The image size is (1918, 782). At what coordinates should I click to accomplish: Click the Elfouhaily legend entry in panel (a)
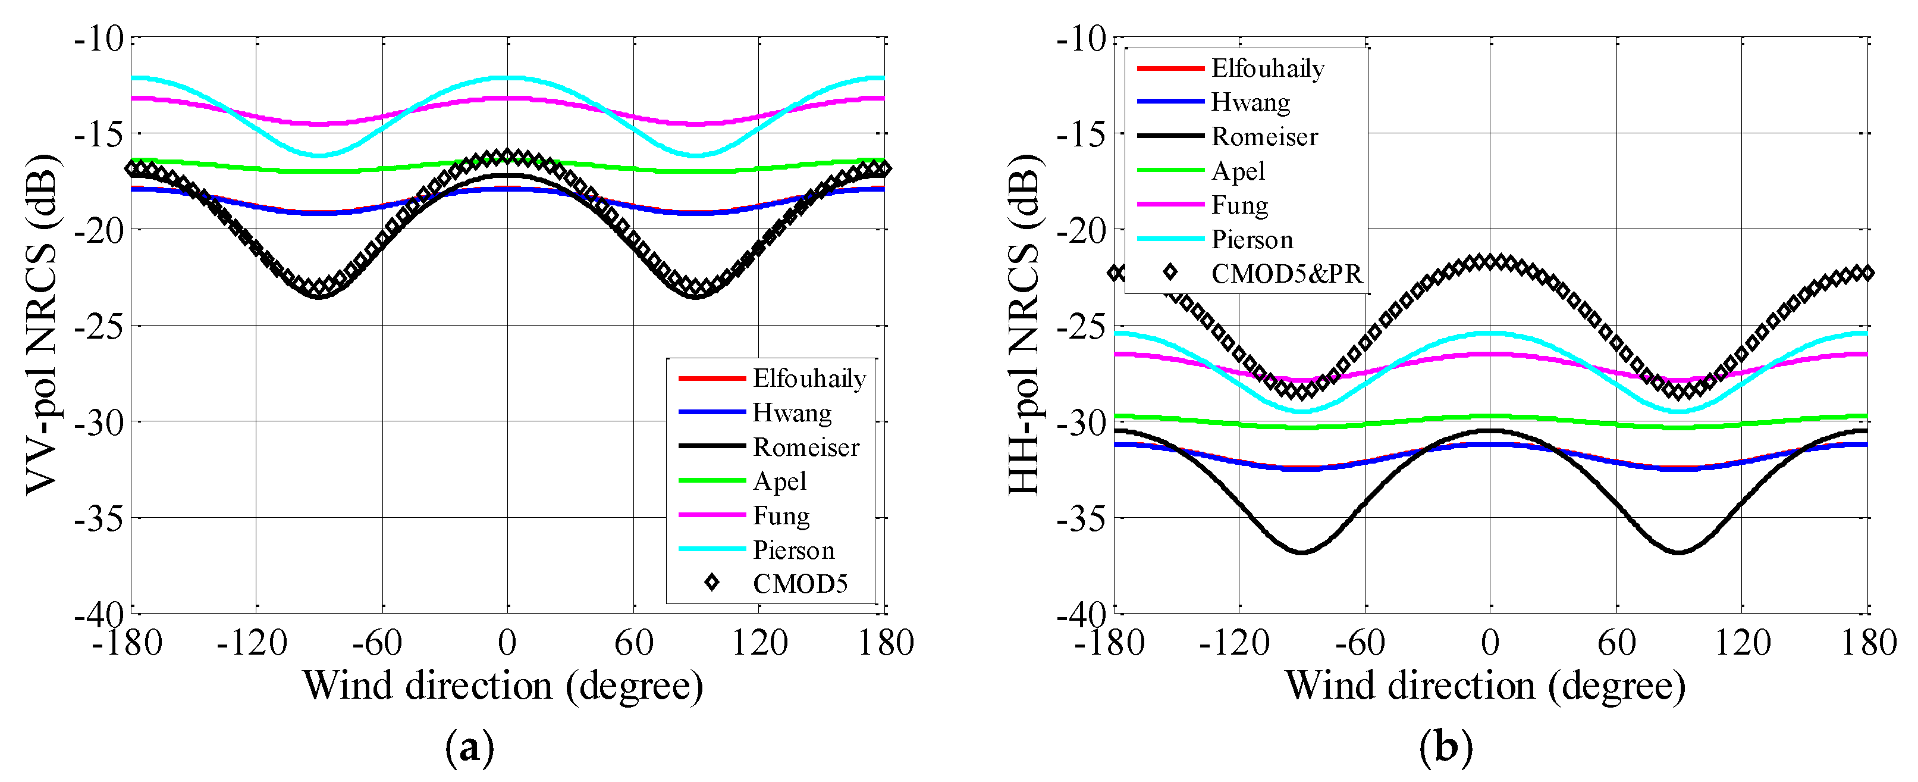[x=809, y=379]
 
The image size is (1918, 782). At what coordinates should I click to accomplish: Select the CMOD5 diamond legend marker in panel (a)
[x=712, y=583]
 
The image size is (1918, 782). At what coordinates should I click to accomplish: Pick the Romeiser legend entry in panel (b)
[x=1264, y=136]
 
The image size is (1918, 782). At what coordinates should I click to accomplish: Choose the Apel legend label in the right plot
[x=1238, y=171]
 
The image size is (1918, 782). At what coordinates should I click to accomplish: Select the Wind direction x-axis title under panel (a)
[x=503, y=684]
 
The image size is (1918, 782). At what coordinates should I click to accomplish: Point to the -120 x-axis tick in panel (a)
[x=252, y=642]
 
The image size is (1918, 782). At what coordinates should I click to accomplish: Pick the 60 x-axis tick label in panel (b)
[x=1616, y=642]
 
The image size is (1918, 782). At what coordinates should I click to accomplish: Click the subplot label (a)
[x=469, y=747]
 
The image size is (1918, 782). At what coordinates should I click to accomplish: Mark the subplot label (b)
[x=1446, y=747]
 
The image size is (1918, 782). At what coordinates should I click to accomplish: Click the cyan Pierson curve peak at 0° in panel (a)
[x=508, y=77]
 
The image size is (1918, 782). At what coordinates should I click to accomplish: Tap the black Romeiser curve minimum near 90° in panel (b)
[x=1678, y=552]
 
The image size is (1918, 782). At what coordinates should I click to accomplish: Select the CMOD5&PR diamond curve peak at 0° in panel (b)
[x=1490, y=261]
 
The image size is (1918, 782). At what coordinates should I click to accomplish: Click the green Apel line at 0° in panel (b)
[x=1490, y=417]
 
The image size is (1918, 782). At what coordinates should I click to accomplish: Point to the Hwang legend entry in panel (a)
[x=792, y=412]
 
